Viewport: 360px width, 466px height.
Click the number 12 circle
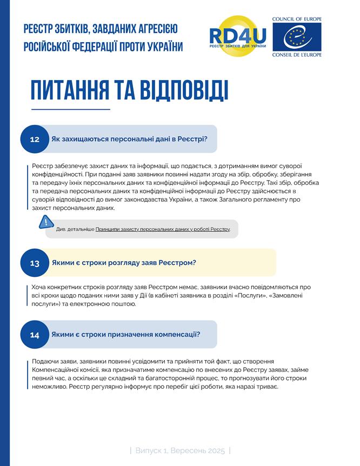click(x=35, y=139)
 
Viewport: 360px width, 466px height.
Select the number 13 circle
click(x=35, y=263)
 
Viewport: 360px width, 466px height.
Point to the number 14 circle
click(x=35, y=335)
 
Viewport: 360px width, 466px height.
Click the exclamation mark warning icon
click(x=46, y=222)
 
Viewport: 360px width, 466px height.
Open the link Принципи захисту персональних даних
click(x=162, y=229)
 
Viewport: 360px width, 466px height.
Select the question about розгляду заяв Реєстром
click(x=123, y=263)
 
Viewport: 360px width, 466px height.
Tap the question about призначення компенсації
click(x=126, y=334)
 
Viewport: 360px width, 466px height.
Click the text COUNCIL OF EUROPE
click(x=297, y=19)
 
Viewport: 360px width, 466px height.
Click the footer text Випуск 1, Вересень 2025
click(x=180, y=450)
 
